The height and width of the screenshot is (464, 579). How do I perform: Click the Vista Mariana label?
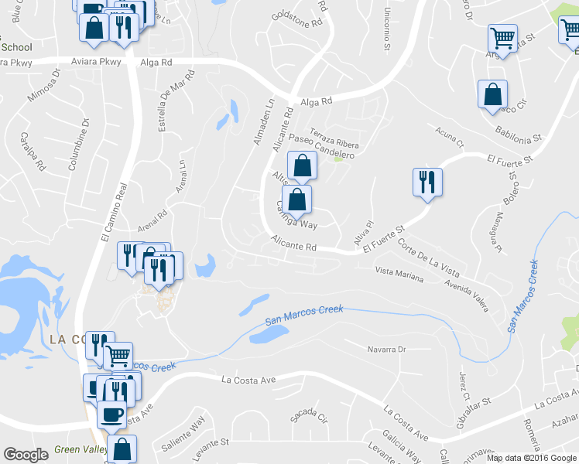[x=399, y=274]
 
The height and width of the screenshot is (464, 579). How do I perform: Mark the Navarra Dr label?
[x=385, y=350]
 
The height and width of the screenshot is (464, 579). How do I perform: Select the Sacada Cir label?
[x=308, y=415]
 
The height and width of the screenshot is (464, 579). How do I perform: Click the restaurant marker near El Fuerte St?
[x=427, y=183]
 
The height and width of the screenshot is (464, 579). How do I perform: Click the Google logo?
[x=26, y=455]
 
